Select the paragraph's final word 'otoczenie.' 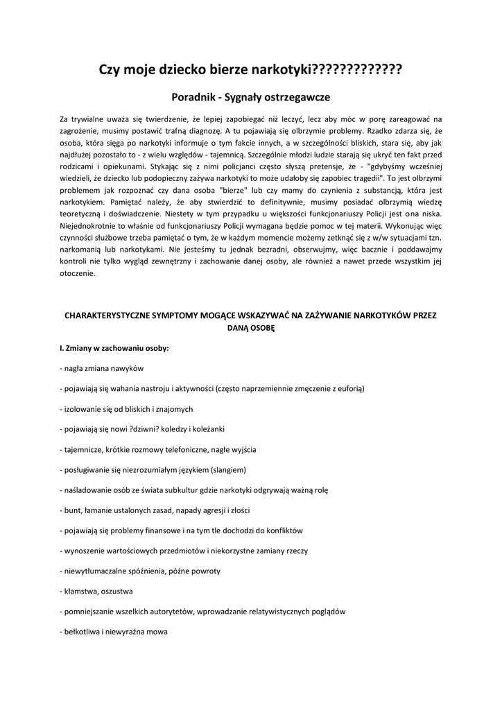80,273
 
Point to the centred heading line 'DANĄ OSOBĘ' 251,329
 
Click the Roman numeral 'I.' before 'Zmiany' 62,348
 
